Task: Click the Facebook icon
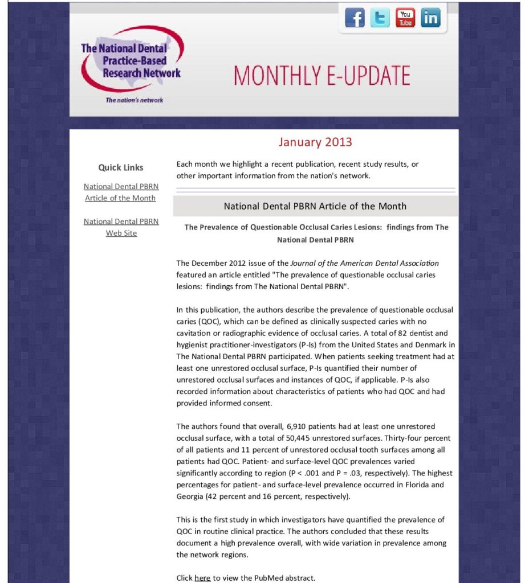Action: (x=355, y=18)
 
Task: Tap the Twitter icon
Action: (x=380, y=18)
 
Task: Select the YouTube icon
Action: (x=405, y=18)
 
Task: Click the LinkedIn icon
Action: (x=431, y=18)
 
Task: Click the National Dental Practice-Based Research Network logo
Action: (x=132, y=60)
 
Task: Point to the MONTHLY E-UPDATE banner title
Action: (x=322, y=76)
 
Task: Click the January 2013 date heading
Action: (x=315, y=142)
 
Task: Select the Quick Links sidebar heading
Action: (x=121, y=167)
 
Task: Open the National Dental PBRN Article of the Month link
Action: (x=121, y=192)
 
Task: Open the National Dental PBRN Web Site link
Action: (x=121, y=227)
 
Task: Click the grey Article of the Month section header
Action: (x=315, y=206)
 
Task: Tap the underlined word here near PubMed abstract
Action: (x=202, y=578)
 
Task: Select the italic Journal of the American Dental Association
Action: (x=365, y=263)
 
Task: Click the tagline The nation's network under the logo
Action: (x=135, y=100)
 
